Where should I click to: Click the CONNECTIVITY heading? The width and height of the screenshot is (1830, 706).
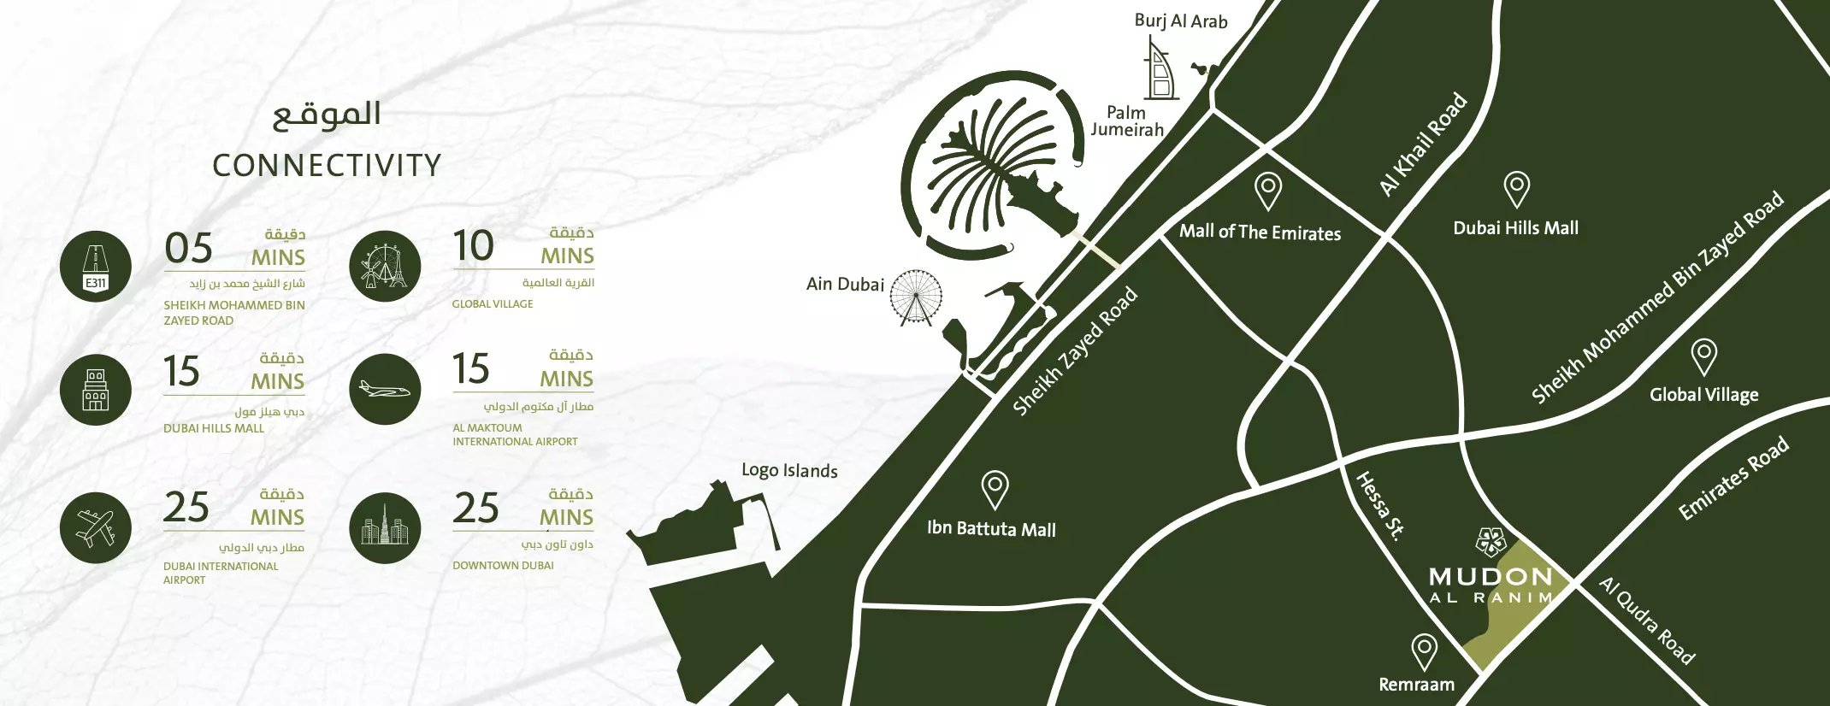327,166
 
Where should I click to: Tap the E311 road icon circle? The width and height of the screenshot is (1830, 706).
96,267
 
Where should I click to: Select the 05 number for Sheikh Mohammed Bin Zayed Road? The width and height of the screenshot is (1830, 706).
189,249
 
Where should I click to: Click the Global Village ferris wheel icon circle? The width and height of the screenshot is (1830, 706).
385,266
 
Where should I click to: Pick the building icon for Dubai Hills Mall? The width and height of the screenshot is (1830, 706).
96,390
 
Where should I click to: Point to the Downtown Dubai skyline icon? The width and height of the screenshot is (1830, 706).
385,528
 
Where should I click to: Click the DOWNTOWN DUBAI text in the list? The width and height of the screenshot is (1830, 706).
503,566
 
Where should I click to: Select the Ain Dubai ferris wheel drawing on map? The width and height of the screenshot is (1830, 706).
916,297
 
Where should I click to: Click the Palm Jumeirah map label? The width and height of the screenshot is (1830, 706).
1127,121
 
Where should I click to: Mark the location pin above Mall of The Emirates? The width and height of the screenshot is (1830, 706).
1267,191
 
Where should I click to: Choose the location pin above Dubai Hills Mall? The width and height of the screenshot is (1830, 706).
1516,189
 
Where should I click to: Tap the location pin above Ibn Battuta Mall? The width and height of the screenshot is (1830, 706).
995,490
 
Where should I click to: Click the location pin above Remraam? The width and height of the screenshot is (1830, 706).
1424,651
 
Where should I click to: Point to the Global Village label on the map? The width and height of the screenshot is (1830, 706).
1703,395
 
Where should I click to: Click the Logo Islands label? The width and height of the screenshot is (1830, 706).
789,470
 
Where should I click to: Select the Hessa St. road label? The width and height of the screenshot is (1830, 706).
1380,505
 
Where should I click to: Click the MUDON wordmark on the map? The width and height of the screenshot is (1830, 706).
1490,577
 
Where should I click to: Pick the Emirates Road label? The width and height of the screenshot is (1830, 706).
1733,478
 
